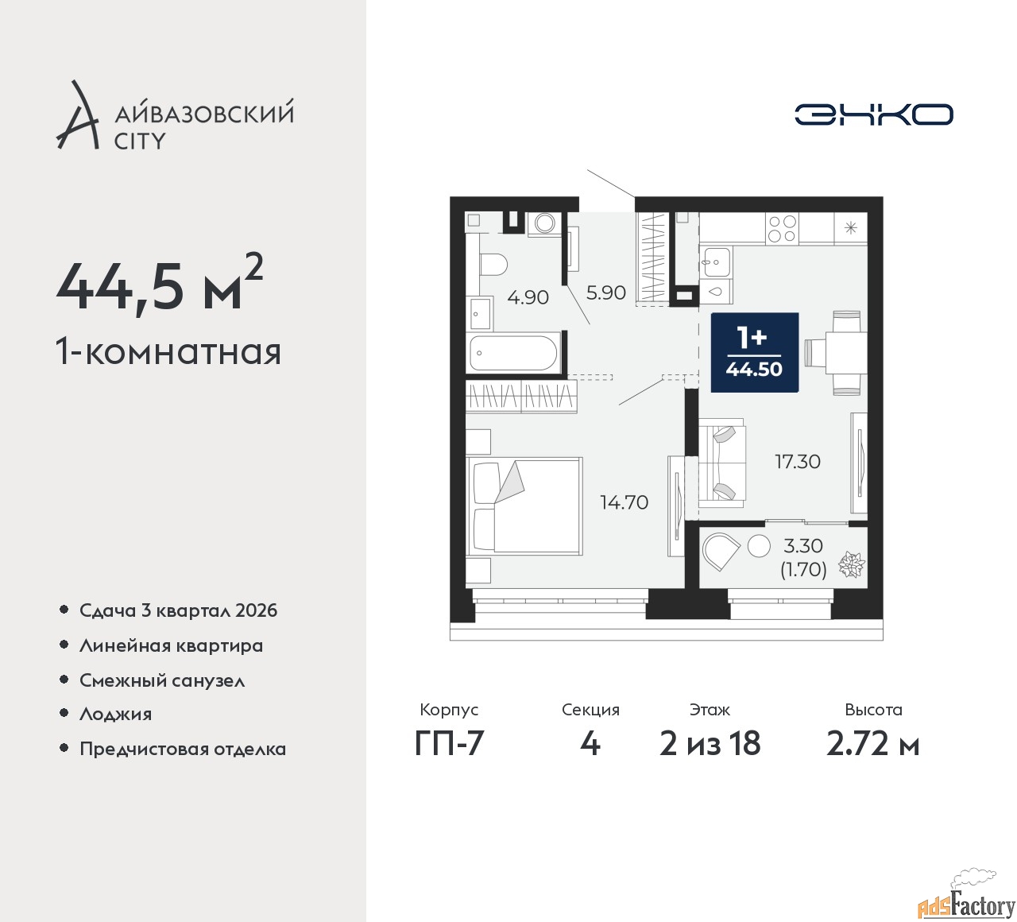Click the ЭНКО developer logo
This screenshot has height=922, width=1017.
873,114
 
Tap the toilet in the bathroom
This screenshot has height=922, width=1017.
493,264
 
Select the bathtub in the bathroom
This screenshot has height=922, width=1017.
513,353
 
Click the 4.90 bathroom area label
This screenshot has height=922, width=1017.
528,297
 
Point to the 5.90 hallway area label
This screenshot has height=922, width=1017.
606,292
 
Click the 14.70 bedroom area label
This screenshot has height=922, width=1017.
624,502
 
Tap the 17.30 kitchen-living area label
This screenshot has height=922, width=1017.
798,462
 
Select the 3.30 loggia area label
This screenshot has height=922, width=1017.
803,546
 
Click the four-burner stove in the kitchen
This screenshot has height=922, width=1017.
782,228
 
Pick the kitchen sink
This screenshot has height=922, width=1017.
715,262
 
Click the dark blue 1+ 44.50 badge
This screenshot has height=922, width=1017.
754,352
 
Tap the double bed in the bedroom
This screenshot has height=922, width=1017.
524,506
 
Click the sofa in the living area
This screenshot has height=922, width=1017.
721,463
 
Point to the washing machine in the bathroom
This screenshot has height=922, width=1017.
545,223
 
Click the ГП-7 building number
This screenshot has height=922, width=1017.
449,743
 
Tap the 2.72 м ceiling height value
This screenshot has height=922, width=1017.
873,743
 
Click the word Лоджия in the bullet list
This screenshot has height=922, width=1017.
115,714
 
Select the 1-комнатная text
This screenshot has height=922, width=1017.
168,351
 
